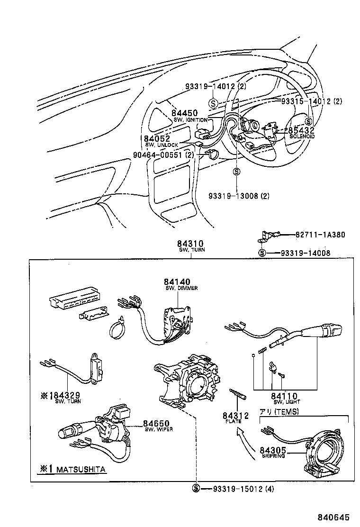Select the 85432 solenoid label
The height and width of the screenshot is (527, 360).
point(302,130)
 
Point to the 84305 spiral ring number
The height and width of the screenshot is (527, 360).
point(272,451)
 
